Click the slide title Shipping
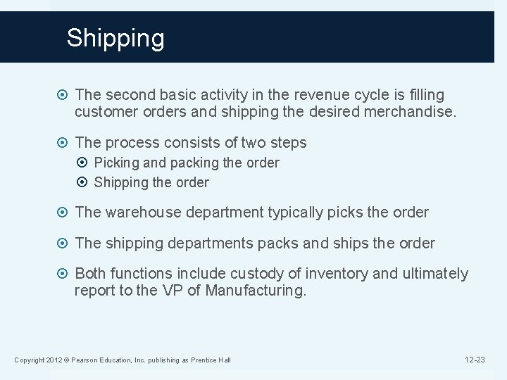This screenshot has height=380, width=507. tap(115, 38)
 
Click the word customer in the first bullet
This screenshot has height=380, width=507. tap(105, 111)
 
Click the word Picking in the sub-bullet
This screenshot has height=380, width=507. tap(116, 163)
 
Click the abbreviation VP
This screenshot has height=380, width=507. tap(171, 291)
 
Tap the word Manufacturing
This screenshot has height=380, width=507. tap(256, 291)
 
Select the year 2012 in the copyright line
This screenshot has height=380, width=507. tap(54, 360)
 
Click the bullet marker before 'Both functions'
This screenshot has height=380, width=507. tap(64, 274)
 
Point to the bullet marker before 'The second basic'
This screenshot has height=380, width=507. tap(64, 94)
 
